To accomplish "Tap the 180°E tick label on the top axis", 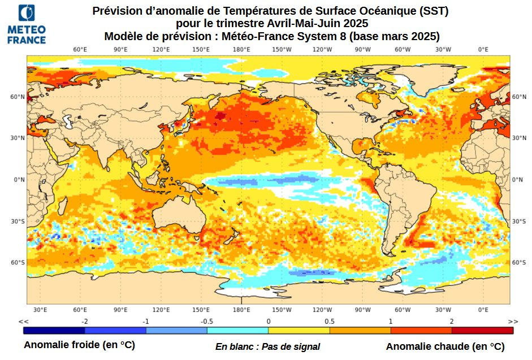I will [x=241, y=50].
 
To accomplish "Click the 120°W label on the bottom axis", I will [x=322, y=310].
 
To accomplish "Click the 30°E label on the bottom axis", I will [x=40, y=310].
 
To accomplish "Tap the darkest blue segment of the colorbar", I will [x=54, y=330].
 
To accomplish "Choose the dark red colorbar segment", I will [x=482, y=330].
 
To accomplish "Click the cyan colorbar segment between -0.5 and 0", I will [x=237, y=330].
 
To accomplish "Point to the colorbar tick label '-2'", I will [x=84, y=321].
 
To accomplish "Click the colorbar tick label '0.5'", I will [x=329, y=321].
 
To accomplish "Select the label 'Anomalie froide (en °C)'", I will [x=79, y=345].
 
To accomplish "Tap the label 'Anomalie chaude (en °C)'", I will [x=445, y=346].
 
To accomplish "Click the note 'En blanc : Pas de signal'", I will [x=267, y=346].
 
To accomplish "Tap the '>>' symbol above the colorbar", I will [x=512, y=321].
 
